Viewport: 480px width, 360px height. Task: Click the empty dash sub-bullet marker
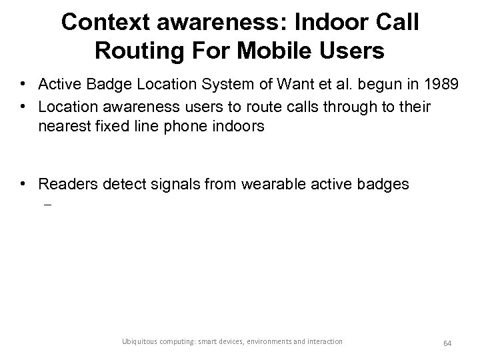click(48, 205)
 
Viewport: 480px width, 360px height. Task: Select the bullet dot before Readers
click(23, 185)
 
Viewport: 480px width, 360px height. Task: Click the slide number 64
click(447, 342)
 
